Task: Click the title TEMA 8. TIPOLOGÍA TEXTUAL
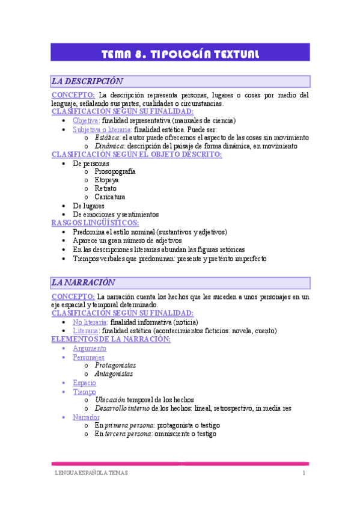click(180, 55)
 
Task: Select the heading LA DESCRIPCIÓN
click(87, 81)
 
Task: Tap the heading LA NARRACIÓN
click(84, 282)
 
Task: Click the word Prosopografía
click(115, 171)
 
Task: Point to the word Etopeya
click(106, 180)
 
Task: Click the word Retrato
click(106, 188)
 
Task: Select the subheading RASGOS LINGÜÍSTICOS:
click(95, 223)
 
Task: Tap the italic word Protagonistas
click(115, 365)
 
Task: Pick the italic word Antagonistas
click(114, 373)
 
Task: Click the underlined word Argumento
click(90, 348)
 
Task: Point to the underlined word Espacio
click(84, 382)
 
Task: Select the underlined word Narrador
click(86, 417)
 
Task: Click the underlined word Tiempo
click(84, 391)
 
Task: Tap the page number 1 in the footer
click(304, 473)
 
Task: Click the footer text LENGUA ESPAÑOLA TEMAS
click(89, 473)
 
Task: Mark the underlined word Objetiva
click(86, 120)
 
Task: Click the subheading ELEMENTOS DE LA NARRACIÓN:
click(111, 339)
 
